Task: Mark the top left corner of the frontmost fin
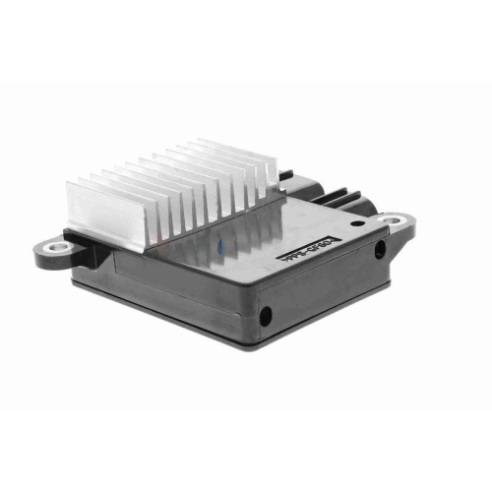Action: tap(68, 184)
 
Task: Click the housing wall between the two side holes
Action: tap(325, 285)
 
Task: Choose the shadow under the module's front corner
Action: tap(246, 356)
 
